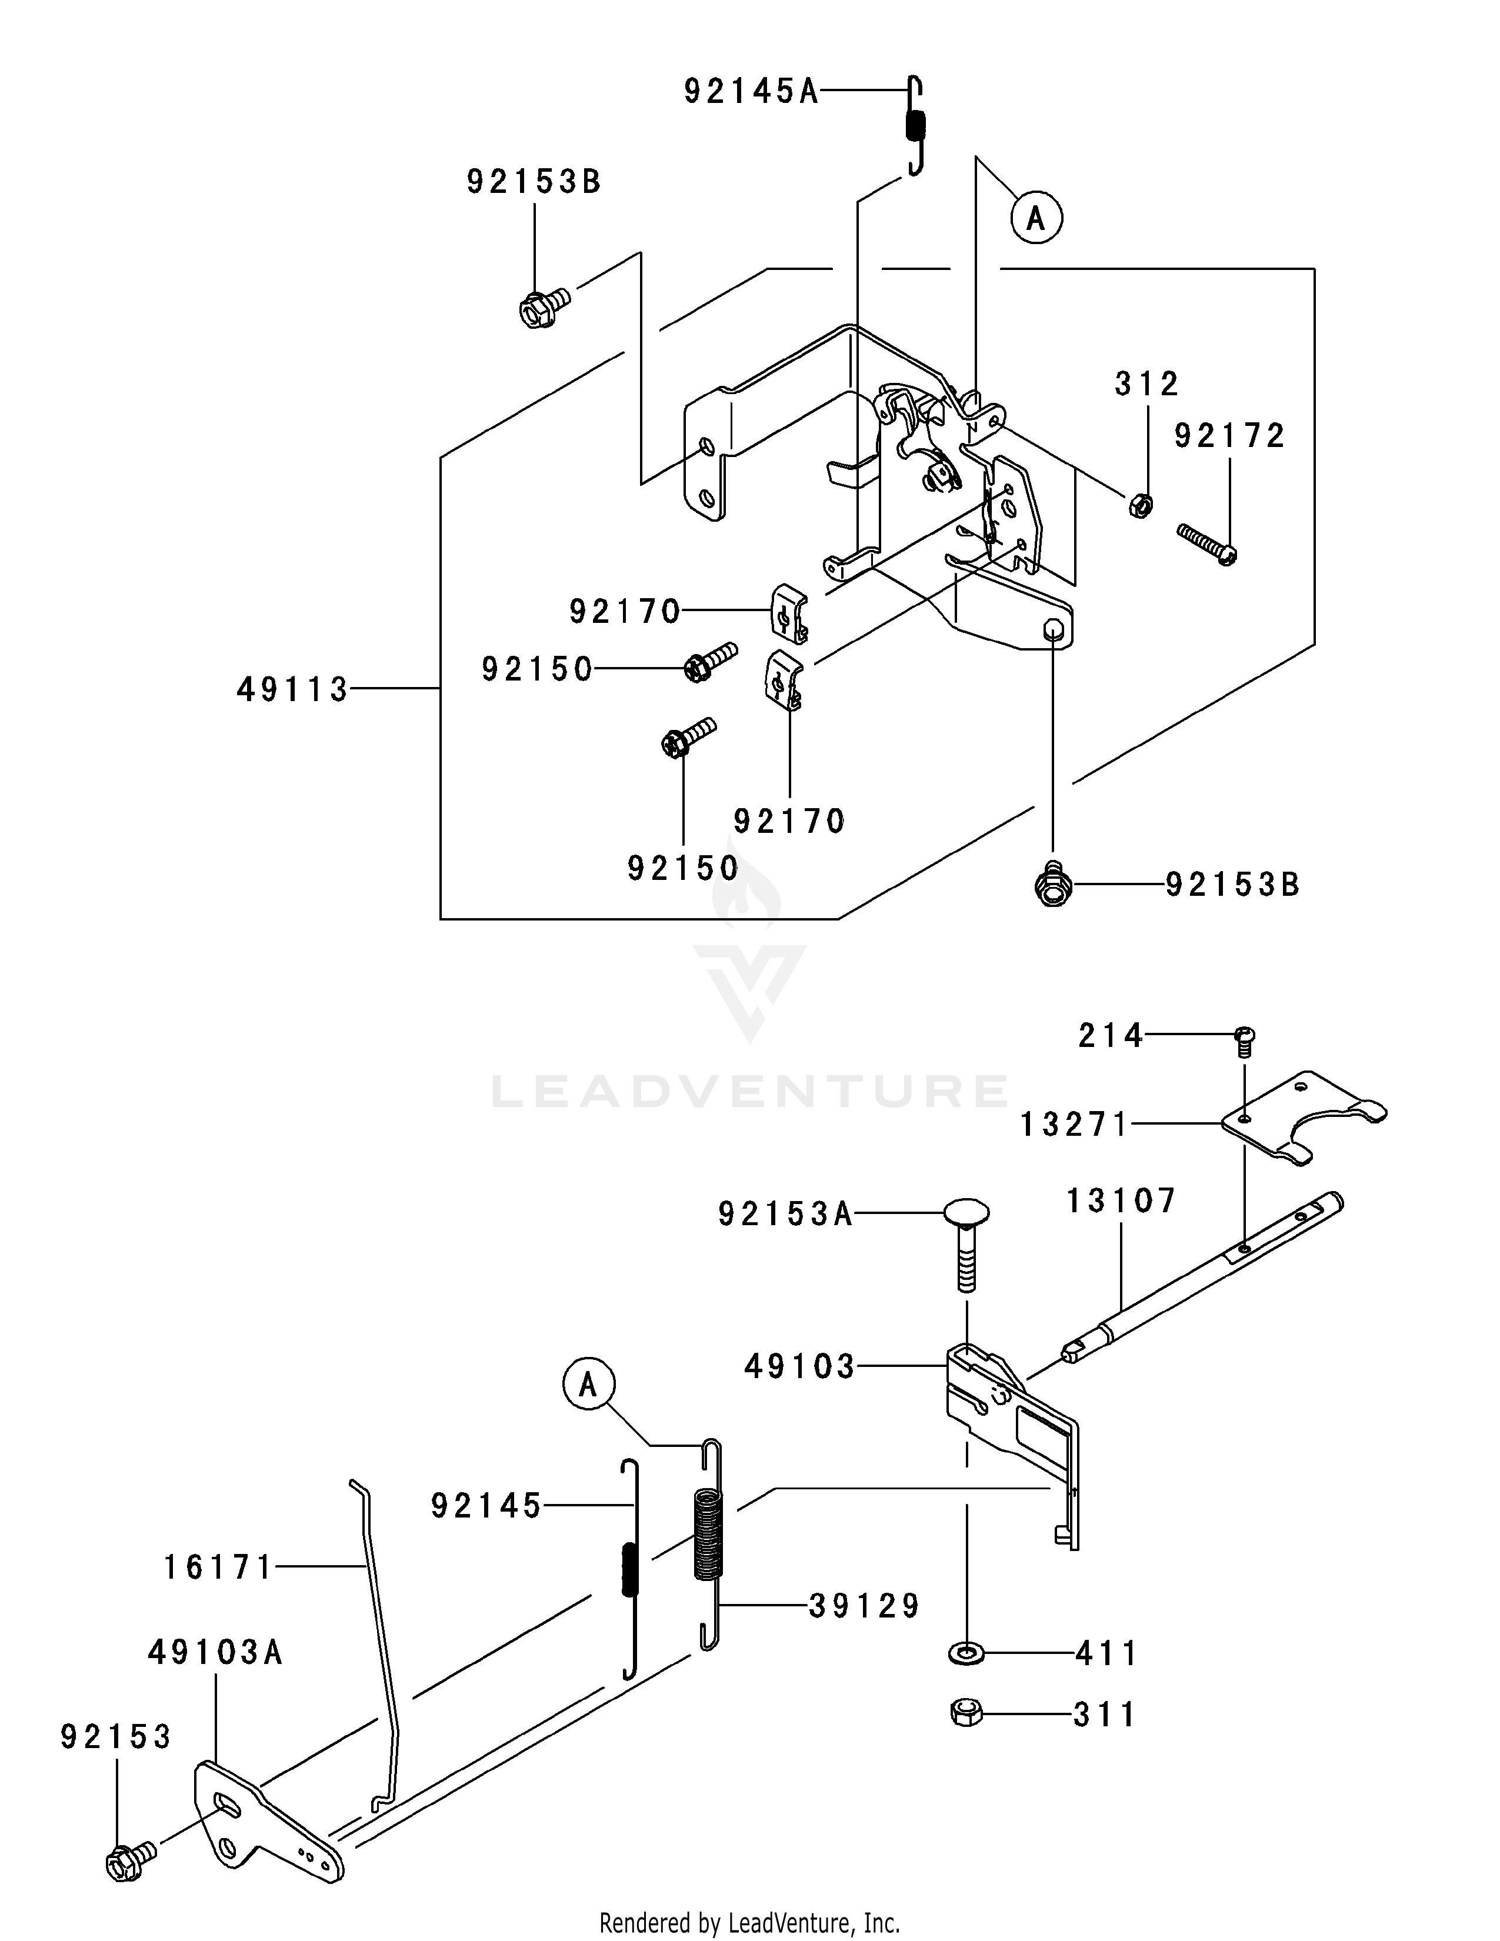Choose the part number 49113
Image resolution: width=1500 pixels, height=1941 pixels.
292,689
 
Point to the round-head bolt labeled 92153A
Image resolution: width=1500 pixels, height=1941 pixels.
966,1244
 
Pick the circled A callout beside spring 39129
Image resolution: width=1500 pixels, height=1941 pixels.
588,1385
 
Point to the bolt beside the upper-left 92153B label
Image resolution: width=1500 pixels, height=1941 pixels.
545,308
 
